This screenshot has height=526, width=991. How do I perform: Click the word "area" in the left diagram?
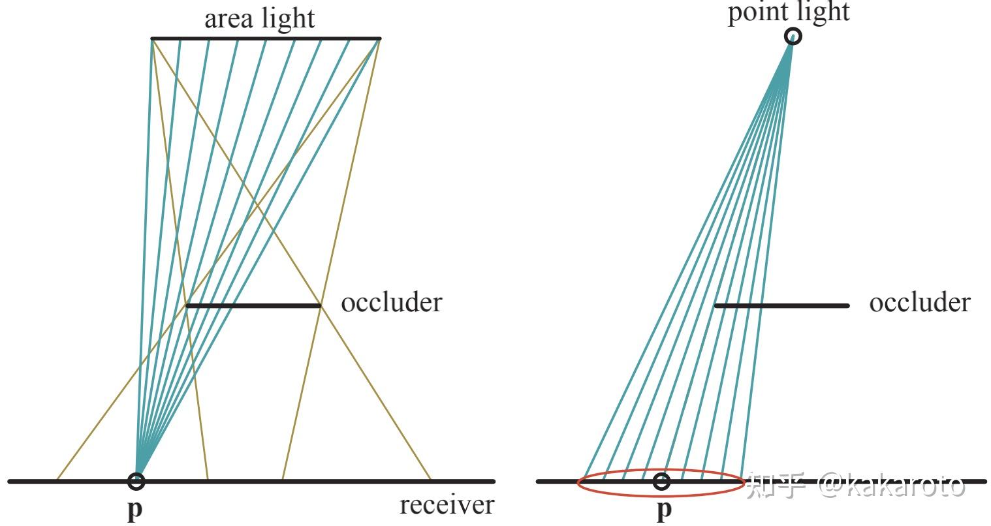coord(228,20)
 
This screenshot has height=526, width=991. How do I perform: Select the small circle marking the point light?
coord(793,37)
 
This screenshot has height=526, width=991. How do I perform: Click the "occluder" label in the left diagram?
coord(391,303)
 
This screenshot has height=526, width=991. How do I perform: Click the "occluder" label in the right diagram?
coord(919,303)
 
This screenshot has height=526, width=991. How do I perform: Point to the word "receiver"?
coord(447,505)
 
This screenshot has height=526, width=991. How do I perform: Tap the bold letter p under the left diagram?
coord(134,508)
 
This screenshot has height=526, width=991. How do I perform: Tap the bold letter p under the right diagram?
coord(663,508)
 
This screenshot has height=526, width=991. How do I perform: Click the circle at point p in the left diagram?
coord(136,482)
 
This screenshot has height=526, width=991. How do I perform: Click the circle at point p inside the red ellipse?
coord(662,482)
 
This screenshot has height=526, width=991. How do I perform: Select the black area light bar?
coord(266,39)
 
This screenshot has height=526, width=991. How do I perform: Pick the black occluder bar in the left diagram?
coord(253,305)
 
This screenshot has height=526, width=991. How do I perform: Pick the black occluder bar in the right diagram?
coord(782,305)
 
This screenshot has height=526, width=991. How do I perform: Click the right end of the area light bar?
coord(379,39)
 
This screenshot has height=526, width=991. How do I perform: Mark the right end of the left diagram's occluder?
coord(320,305)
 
